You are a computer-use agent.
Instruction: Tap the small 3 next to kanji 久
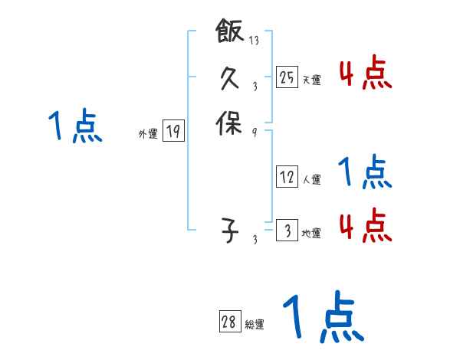[x=254, y=86]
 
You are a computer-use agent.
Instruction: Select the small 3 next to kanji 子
[x=254, y=240]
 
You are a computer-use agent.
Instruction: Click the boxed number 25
[x=287, y=77]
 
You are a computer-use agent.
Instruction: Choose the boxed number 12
[x=287, y=178]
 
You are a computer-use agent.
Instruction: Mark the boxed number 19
[x=172, y=132]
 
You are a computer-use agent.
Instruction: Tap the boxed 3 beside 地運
[x=287, y=231]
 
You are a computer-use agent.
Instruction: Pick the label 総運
[x=254, y=325]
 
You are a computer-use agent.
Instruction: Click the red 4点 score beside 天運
[x=365, y=74]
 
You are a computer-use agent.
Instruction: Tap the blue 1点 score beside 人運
[x=365, y=172]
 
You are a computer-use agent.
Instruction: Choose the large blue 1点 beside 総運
[x=322, y=319]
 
